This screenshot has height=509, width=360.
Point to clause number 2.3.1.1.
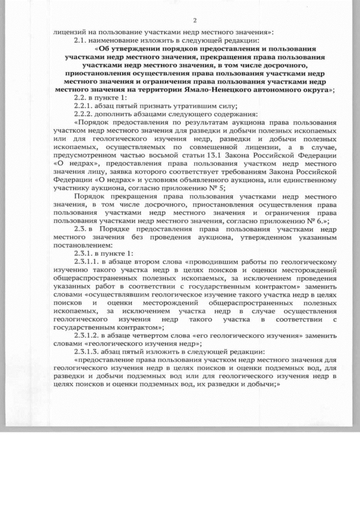coord(87,262)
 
